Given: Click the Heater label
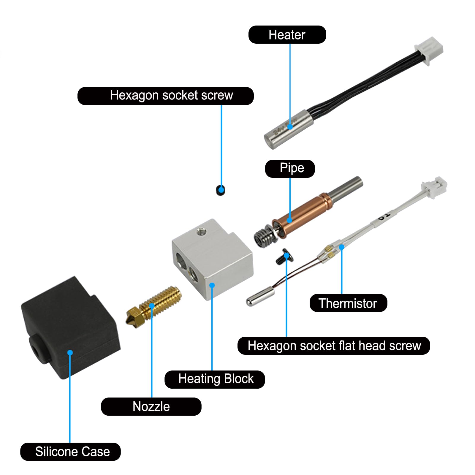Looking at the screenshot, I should [x=287, y=35].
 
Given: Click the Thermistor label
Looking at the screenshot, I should [x=348, y=303].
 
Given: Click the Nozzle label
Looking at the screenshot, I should [x=151, y=406].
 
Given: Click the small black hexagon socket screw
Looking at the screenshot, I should [x=220, y=190].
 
